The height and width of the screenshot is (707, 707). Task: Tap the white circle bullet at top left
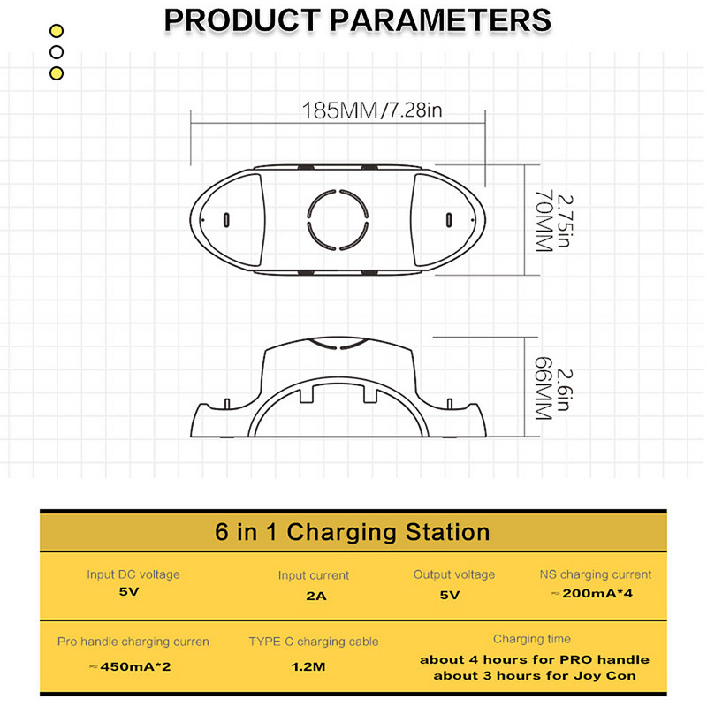57,53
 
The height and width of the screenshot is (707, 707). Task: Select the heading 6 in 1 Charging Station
352,532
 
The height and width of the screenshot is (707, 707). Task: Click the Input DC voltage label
133,574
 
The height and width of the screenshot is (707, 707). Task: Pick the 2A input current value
316,596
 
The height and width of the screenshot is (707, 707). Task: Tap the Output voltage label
454,574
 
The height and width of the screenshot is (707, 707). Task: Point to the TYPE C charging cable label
314,642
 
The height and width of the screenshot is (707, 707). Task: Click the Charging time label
532,639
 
